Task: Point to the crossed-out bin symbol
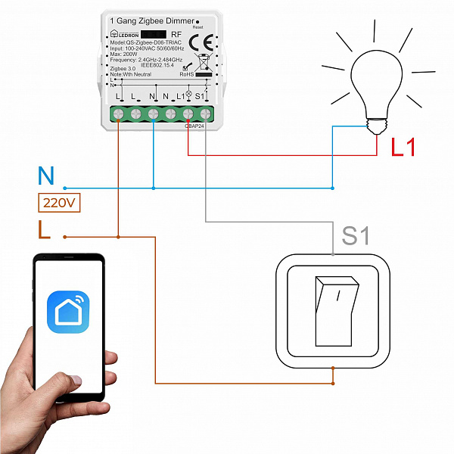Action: click(x=202, y=62)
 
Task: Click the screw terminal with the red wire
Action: click(x=188, y=114)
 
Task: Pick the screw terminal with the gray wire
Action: click(x=205, y=114)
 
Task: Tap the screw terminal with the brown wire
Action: click(x=118, y=114)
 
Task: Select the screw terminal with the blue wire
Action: click(x=153, y=114)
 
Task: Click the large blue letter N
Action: click(x=46, y=177)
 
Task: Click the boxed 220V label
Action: click(x=59, y=203)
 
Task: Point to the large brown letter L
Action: click(x=45, y=229)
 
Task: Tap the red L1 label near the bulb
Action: click(x=403, y=147)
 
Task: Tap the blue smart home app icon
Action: click(x=68, y=311)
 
